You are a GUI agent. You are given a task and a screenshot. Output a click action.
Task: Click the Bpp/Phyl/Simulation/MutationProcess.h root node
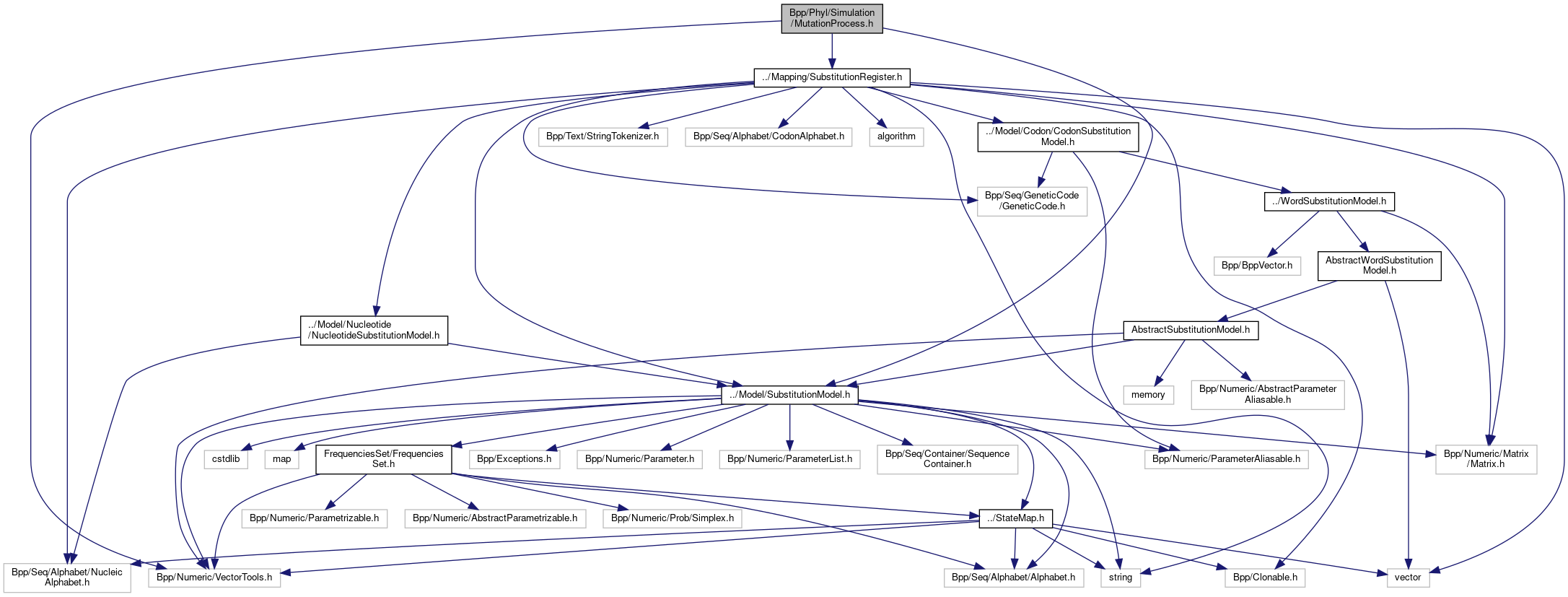pyautogui.click(x=831, y=18)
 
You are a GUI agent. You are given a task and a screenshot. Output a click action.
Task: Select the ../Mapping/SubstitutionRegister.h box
pyautogui.click(x=831, y=77)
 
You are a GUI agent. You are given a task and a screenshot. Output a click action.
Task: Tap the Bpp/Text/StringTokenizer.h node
pyautogui.click(x=603, y=136)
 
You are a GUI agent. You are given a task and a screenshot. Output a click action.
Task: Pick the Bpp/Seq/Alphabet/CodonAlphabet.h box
pyautogui.click(x=768, y=136)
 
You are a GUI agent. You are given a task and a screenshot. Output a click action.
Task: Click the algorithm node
pyautogui.click(x=896, y=136)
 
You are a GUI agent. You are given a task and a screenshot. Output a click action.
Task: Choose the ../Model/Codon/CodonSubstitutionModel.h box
pyautogui.click(x=1058, y=136)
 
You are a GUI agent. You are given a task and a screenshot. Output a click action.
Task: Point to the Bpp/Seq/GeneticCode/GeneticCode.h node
pyautogui.click(x=1032, y=201)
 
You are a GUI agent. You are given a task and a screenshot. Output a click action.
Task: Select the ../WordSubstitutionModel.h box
pyautogui.click(x=1329, y=201)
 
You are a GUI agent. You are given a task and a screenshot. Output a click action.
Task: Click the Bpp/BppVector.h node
pyautogui.click(x=1257, y=266)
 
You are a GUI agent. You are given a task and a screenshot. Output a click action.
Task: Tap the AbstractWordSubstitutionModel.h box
pyautogui.click(x=1379, y=266)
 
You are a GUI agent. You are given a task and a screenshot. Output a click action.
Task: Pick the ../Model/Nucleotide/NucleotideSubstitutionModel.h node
pyautogui.click(x=374, y=330)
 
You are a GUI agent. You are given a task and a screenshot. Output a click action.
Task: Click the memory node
pyautogui.click(x=1148, y=395)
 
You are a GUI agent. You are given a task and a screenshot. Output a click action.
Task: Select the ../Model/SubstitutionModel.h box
pyautogui.click(x=789, y=395)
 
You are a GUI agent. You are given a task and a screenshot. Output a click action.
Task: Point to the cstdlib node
pyautogui.click(x=226, y=459)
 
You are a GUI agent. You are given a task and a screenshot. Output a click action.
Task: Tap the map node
pyautogui.click(x=282, y=459)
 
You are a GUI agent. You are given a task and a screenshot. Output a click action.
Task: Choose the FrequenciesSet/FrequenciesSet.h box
pyautogui.click(x=383, y=459)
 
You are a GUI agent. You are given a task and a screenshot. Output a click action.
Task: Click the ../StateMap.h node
pyautogui.click(x=1015, y=518)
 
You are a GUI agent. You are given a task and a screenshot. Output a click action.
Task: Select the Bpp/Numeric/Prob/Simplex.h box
pyautogui.click(x=672, y=518)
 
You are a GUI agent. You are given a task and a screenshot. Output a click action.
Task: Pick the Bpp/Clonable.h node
pyautogui.click(x=1265, y=578)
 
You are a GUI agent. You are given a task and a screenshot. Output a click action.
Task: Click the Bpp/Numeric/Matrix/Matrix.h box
pyautogui.click(x=1486, y=459)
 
